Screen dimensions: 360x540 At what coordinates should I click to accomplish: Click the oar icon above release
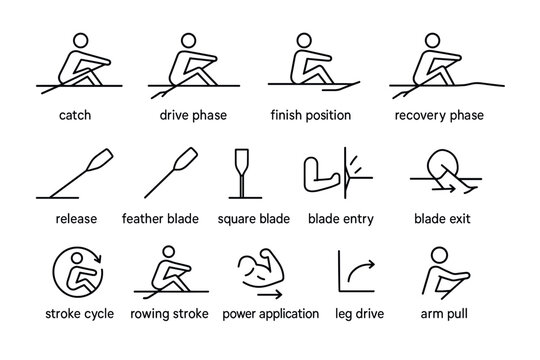click(74, 174)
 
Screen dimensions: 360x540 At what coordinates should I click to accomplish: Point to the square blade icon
click(240, 174)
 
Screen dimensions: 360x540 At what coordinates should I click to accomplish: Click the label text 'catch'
click(74, 115)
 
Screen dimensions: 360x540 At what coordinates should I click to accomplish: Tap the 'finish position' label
click(311, 115)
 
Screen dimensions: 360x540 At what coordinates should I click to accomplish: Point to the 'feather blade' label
click(161, 217)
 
